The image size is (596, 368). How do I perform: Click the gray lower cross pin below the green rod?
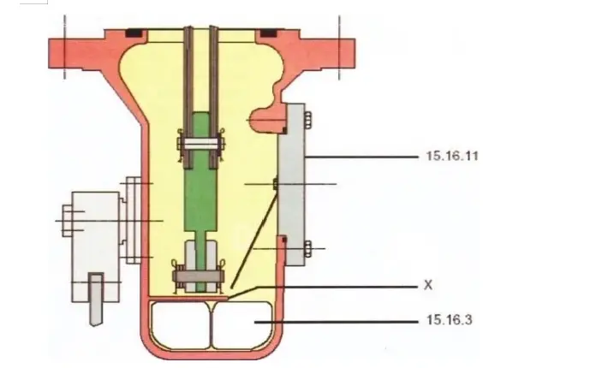pyautogui.click(x=202, y=277)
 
